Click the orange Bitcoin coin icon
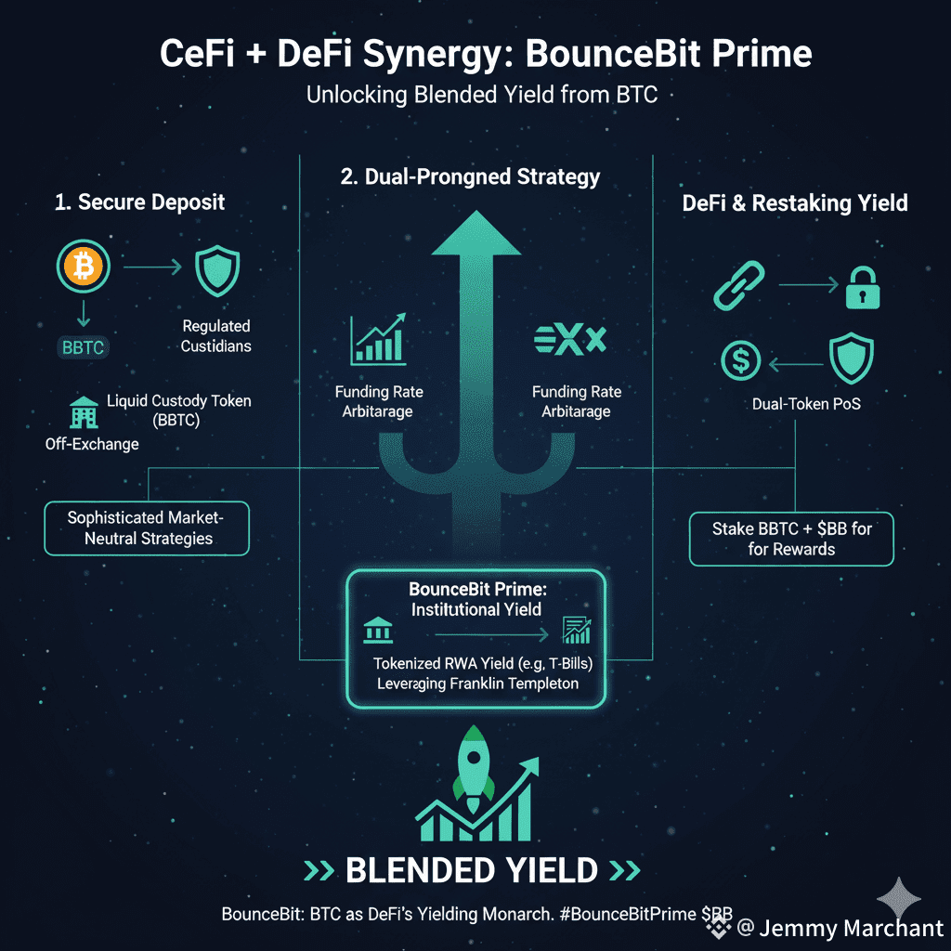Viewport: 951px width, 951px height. pyautogui.click(x=84, y=268)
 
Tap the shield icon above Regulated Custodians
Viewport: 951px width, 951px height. pyautogui.click(x=216, y=270)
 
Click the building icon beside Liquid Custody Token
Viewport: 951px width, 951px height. pyautogui.click(x=84, y=410)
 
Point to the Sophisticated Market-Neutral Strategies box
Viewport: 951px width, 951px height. pyautogui.click(x=147, y=528)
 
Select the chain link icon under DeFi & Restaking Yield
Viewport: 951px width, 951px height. pyautogui.click(x=738, y=285)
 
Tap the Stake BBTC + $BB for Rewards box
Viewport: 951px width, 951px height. pyautogui.click(x=791, y=539)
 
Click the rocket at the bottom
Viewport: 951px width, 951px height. pyautogui.click(x=475, y=765)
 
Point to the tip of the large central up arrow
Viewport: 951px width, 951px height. pyautogui.click(x=475, y=215)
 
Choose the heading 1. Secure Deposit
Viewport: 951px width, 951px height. pyautogui.click(x=138, y=202)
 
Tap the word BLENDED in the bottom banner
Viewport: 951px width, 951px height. pyautogui.click(x=420, y=870)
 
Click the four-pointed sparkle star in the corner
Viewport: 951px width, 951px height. pyautogui.click(x=899, y=898)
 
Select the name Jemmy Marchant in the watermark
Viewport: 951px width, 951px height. pyautogui.click(x=851, y=928)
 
